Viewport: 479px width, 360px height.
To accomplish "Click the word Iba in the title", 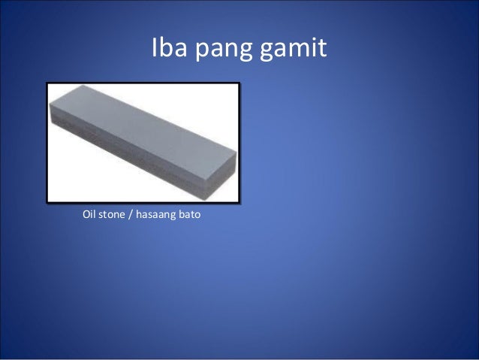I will pyautogui.click(x=170, y=50).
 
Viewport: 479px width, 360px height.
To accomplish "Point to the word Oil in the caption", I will pyautogui.click(x=89, y=217).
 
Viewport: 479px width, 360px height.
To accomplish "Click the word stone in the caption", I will pyautogui.click(x=114, y=217).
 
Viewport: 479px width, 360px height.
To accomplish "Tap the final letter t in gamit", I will pyautogui.click(x=323, y=49).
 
